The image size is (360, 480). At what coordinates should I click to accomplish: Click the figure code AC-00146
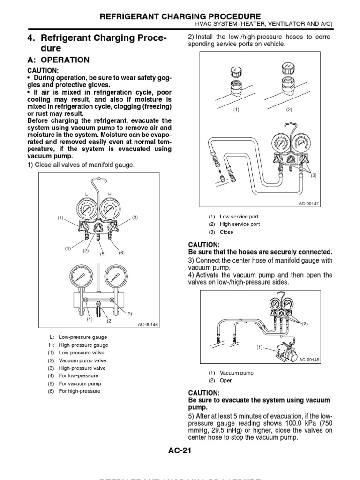coord(149,324)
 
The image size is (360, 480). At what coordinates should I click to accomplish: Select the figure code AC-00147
coord(309,203)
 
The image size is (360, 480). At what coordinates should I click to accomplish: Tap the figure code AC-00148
coord(309,360)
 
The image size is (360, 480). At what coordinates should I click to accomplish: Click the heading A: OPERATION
coord(58,60)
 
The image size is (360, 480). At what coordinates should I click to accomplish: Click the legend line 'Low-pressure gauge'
coord(83,337)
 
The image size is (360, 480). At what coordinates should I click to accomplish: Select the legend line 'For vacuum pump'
coord(80,383)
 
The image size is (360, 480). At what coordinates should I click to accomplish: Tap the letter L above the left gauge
coord(86,194)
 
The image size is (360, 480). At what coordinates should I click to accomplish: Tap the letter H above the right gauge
coord(111,194)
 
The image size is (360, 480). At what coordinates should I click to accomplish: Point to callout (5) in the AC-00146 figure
coord(103,254)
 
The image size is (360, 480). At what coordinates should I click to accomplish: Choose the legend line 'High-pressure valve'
coord(82,368)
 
